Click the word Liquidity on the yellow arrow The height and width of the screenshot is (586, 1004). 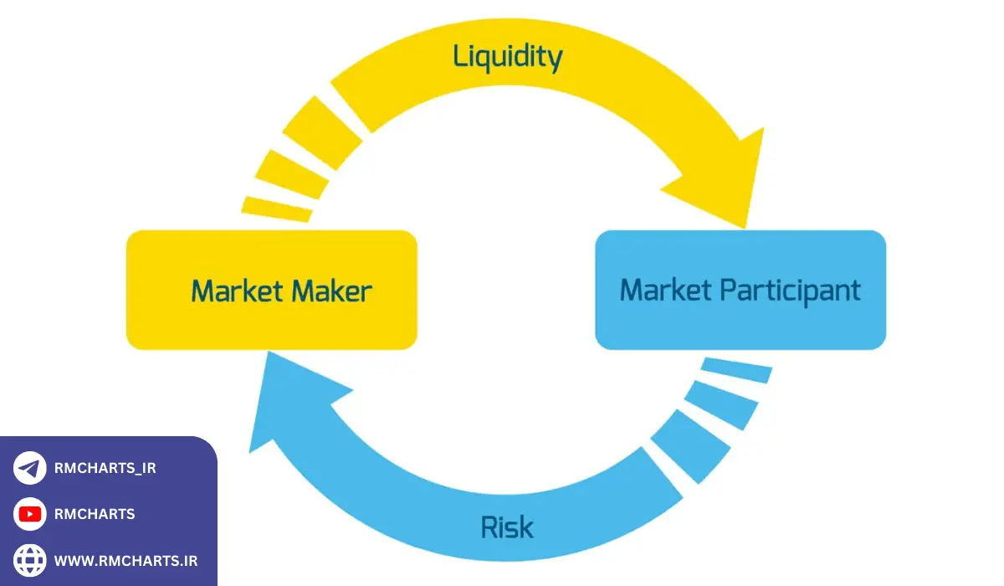[x=507, y=57]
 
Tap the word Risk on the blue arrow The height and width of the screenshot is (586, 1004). [x=507, y=527]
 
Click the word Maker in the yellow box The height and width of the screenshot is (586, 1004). [x=331, y=291]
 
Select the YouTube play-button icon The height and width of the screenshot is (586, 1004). [x=30, y=514]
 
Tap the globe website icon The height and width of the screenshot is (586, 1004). [x=30, y=560]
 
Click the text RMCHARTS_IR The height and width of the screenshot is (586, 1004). [x=105, y=469]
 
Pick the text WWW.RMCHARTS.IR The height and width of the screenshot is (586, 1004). [x=125, y=560]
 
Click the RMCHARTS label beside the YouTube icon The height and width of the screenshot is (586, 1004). [x=95, y=514]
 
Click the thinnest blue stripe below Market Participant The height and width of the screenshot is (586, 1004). [x=736, y=369]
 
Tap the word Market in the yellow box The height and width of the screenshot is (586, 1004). [x=237, y=291]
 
